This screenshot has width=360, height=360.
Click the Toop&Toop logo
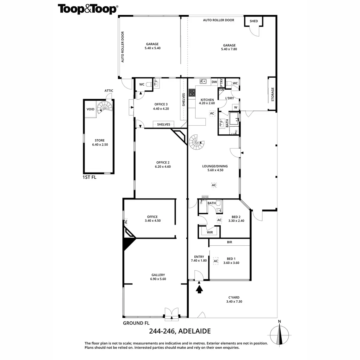[87, 9]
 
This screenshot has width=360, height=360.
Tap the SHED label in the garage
[254, 21]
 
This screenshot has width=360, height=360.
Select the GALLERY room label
[158, 275]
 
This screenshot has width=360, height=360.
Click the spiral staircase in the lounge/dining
[196, 142]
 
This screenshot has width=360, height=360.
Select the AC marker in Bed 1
[216, 261]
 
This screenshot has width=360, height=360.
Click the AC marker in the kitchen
[212, 113]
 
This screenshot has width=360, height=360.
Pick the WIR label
[210, 232]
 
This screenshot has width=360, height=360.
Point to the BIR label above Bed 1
[229, 242]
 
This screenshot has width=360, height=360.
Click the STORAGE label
[273, 94]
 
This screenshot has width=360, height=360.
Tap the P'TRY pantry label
[221, 82]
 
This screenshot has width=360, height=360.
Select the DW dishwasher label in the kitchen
[214, 82]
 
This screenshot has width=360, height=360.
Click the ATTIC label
[109, 91]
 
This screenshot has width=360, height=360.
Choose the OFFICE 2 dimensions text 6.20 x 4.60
[163, 166]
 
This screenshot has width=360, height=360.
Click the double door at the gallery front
[172, 313]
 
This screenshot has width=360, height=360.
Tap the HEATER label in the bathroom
[205, 197]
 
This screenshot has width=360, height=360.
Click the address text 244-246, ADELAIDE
[180, 331]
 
